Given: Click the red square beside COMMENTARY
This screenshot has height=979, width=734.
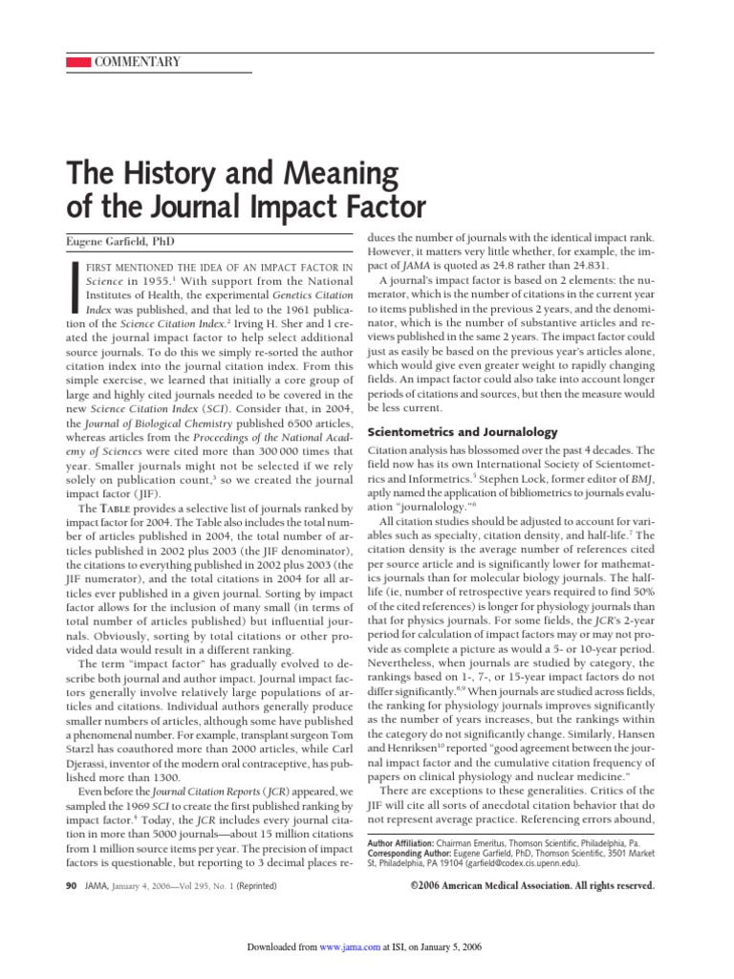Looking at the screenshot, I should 77,62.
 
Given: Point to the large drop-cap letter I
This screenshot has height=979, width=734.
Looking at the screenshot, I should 74,288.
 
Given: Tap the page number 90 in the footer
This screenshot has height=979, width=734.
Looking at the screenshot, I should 71,886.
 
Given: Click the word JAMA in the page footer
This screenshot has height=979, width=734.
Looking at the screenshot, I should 95,886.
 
